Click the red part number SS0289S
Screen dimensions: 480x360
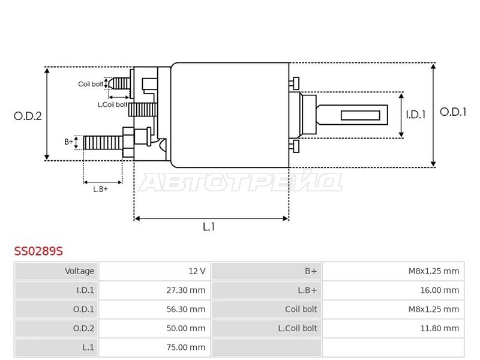tap(38, 251)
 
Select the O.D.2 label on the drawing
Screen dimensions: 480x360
tap(28, 116)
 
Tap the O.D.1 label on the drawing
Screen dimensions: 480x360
tap(453, 112)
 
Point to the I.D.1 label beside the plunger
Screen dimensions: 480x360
tap(415, 115)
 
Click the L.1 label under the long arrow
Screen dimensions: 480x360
tap(209, 227)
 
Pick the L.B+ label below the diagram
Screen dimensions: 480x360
tap(100, 189)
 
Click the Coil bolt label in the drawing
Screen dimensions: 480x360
tap(91, 84)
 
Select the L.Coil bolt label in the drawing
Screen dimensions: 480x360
tap(112, 104)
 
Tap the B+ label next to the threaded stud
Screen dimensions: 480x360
tap(69, 142)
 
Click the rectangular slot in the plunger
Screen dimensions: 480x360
tap(361, 115)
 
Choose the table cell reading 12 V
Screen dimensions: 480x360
tap(197, 271)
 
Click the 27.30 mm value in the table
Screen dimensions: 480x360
tap(186, 290)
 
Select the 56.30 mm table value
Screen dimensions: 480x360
tap(186, 309)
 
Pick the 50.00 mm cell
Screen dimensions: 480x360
tap(186, 328)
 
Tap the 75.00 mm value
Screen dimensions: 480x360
tap(186, 347)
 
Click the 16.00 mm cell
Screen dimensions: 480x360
tap(440, 290)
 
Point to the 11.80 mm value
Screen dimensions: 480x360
tap(440, 328)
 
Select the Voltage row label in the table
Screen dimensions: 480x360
tap(79, 271)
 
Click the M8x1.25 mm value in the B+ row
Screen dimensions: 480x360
tap(434, 271)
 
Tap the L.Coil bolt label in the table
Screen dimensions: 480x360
tap(298, 328)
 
